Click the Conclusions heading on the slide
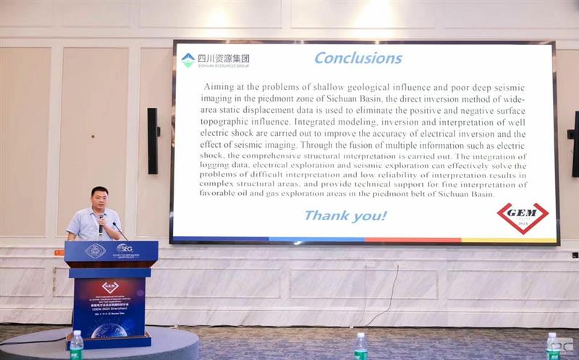point(358,58)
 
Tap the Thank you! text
point(345,215)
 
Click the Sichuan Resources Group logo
point(214,60)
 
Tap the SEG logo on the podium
point(124,249)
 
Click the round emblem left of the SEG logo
point(95,251)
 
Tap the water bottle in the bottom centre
point(360,347)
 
